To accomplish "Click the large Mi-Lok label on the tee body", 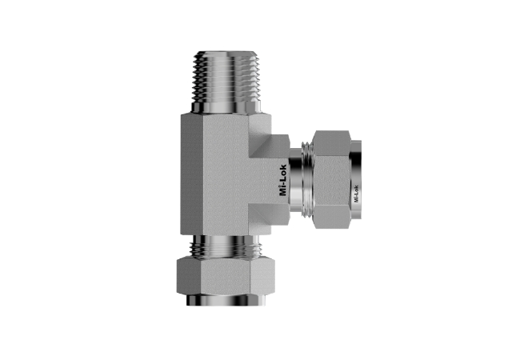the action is click(283, 180).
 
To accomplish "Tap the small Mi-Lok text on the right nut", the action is click(356, 194).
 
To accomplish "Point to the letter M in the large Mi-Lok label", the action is click(283, 192).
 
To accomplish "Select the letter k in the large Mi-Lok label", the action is click(283, 166).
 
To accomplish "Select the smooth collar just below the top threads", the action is click(226, 108).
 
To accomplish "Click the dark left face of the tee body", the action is click(192, 174).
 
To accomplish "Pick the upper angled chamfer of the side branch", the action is click(270, 146).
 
